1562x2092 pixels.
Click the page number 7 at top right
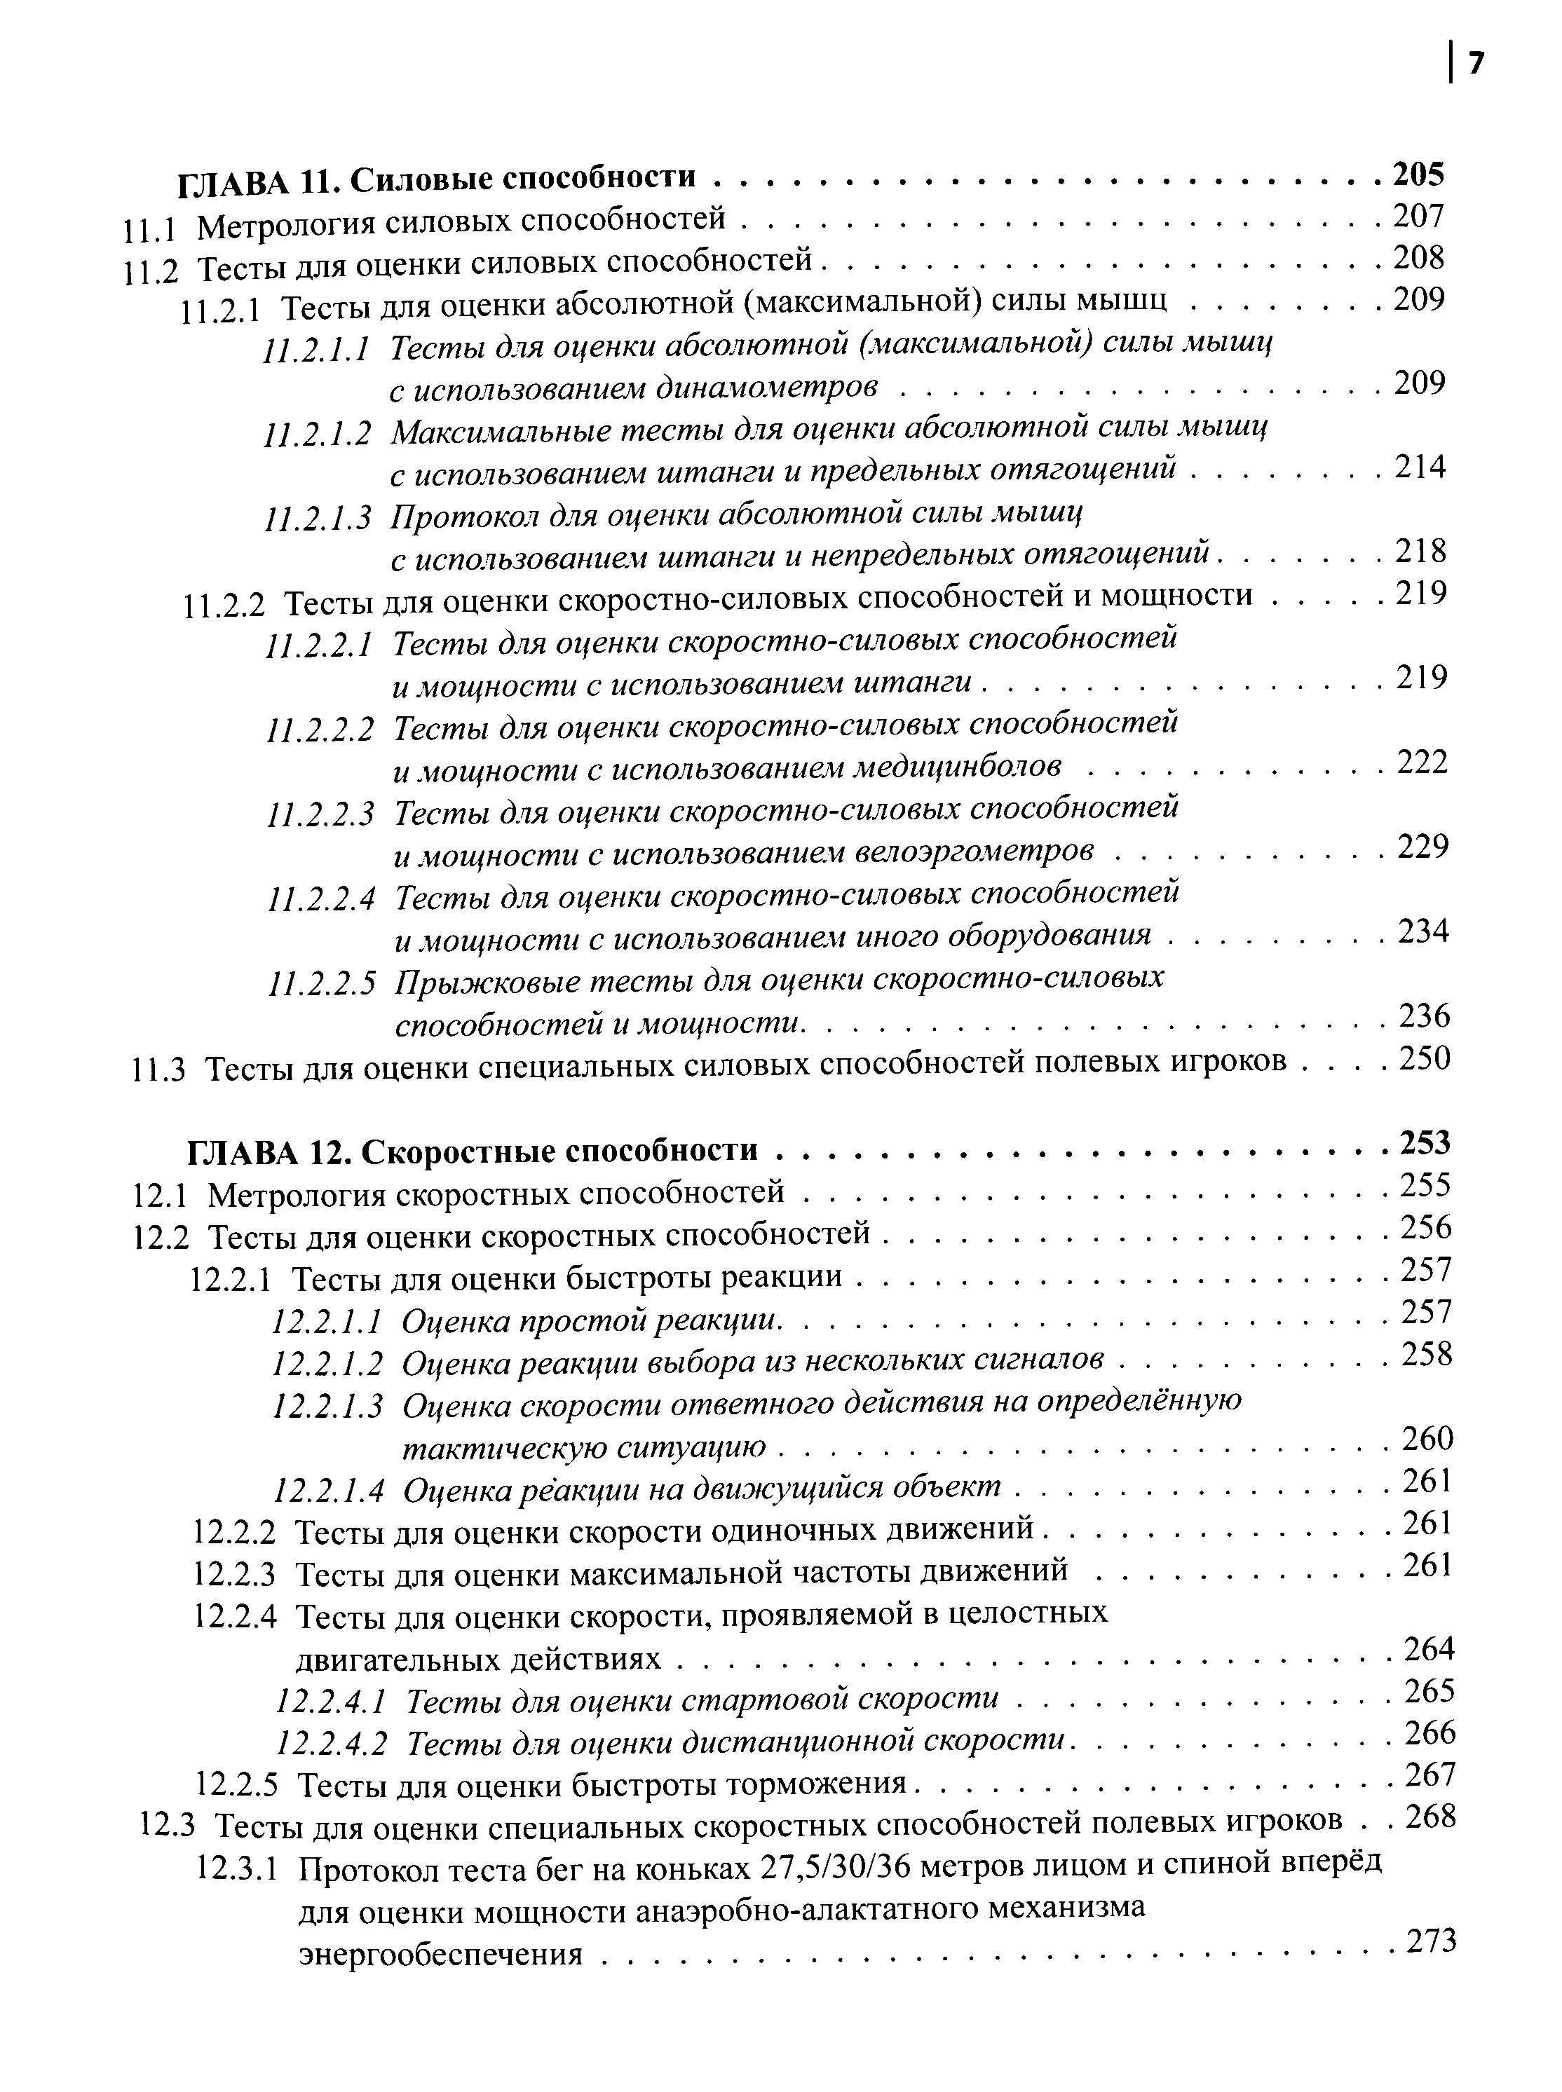point(1476,63)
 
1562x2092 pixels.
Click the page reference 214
point(1420,466)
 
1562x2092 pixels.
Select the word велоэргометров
point(974,852)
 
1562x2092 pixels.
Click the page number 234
point(1423,932)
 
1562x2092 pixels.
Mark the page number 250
point(1424,1059)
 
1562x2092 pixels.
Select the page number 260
point(1427,1439)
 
